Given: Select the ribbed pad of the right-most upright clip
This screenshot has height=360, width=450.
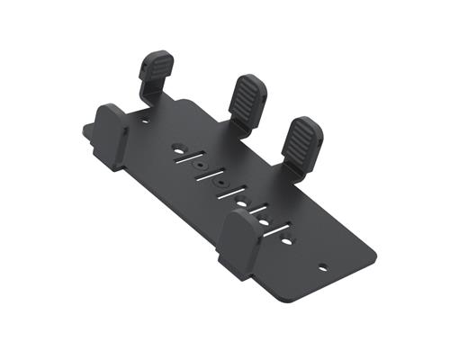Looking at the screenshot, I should (304, 136).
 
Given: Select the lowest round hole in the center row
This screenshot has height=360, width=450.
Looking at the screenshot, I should (285, 242).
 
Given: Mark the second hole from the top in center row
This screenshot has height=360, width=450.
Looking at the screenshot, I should (199, 163).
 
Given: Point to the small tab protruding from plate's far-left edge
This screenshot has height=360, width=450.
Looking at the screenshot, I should (89, 130).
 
